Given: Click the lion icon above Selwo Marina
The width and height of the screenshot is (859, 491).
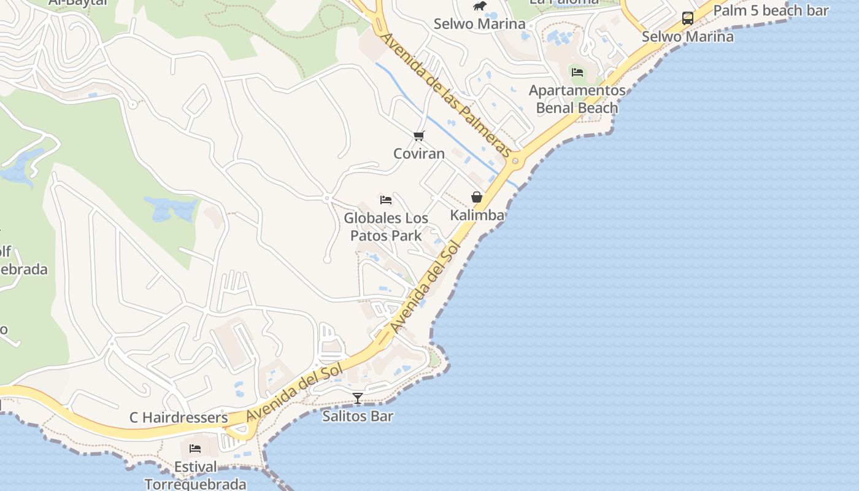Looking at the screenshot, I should point(480,6).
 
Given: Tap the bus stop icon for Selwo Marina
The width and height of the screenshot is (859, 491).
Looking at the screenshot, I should point(688,18).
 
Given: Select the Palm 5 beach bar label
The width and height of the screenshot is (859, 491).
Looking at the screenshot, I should point(771,10).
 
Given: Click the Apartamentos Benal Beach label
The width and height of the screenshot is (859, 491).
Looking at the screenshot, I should point(577,99).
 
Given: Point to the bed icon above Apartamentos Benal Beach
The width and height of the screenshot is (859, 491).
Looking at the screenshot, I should point(577,72).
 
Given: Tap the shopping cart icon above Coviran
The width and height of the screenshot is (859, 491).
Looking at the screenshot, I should point(419,136).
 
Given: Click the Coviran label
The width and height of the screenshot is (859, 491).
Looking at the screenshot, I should point(419,153).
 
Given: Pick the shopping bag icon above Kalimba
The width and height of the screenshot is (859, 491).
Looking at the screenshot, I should point(477,197).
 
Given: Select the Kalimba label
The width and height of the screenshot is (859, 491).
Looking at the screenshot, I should point(477,215).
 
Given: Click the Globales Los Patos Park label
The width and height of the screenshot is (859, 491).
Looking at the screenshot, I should point(386,226).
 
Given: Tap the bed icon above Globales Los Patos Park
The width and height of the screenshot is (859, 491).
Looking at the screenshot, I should point(386,200).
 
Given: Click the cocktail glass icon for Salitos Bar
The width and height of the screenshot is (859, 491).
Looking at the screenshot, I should point(358,398).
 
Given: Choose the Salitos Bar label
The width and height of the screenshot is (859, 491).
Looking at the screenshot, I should point(358,416).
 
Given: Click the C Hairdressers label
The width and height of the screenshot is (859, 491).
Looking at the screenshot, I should point(179,418).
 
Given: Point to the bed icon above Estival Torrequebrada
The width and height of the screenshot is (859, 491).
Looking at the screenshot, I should point(195,449).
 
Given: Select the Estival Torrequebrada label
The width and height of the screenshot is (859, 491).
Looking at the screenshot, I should point(195,476).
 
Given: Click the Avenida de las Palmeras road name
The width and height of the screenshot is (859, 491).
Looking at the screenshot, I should point(446,95).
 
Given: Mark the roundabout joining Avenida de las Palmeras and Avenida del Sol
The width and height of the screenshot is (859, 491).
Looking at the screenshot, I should point(515,161).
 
